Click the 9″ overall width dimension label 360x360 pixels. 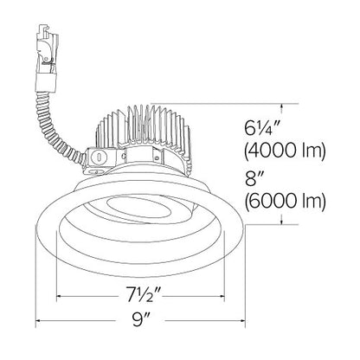[x=140, y=320]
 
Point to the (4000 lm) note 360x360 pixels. [x=285, y=151]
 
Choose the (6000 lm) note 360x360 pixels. [x=285, y=200]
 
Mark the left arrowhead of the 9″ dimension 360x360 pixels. [x=40, y=320]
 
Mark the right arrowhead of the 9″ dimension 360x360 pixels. [x=241, y=320]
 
